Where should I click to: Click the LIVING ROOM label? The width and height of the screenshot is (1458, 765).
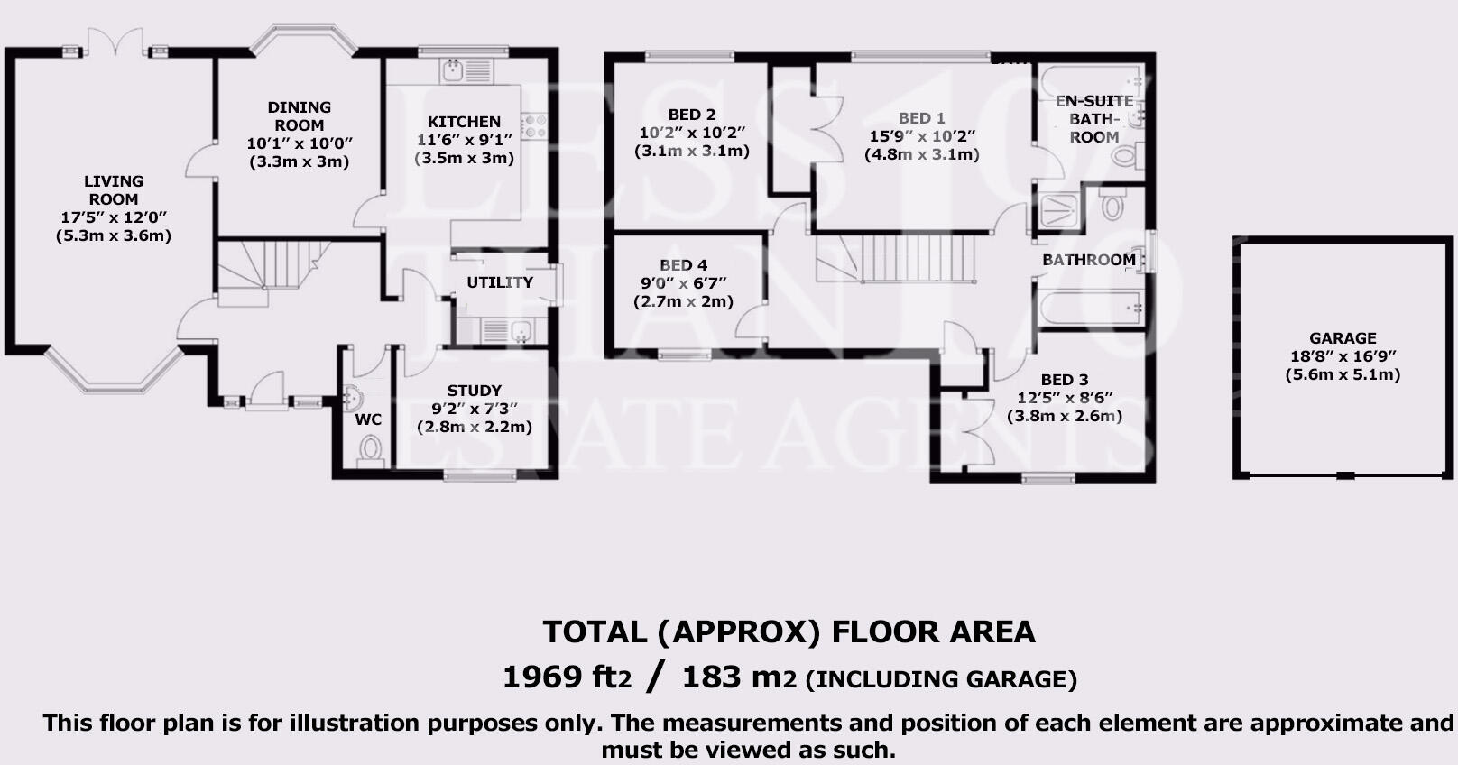pos(114,190)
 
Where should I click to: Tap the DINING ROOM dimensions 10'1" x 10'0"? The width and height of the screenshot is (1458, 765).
pos(299,143)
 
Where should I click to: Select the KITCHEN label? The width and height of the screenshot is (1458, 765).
pos(464,122)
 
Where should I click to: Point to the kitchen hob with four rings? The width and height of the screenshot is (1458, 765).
pos(533,125)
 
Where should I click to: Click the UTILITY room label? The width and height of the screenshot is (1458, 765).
pos(499,282)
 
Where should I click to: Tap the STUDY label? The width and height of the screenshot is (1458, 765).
pos(474,391)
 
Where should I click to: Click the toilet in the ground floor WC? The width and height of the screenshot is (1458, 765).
pos(370,448)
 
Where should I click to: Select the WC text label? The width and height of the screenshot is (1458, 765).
pos(368,419)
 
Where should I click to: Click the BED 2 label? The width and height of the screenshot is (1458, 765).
pos(692,115)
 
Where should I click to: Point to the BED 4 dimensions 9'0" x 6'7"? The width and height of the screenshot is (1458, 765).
pos(683,283)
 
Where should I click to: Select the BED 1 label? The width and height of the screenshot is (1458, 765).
pos(921,118)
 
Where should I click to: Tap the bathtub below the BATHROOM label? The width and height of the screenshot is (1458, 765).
pos(1090,308)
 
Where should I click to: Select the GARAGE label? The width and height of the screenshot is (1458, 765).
pos(1343,338)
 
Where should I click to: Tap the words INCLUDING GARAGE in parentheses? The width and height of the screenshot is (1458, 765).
pos(941,679)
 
